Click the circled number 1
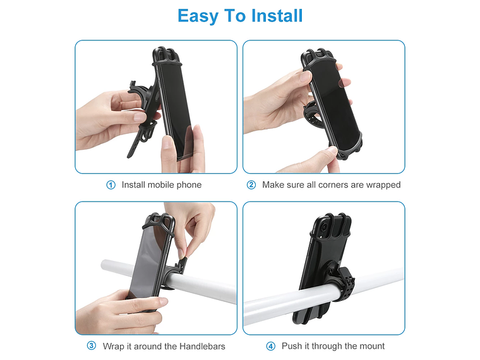[x=111, y=185]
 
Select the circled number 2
[x=251, y=185]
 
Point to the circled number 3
[x=92, y=346]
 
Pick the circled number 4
[x=271, y=346]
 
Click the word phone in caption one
[x=189, y=185]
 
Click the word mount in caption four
[x=371, y=346]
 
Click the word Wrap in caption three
[x=114, y=346]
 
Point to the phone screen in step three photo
[x=147, y=259]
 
